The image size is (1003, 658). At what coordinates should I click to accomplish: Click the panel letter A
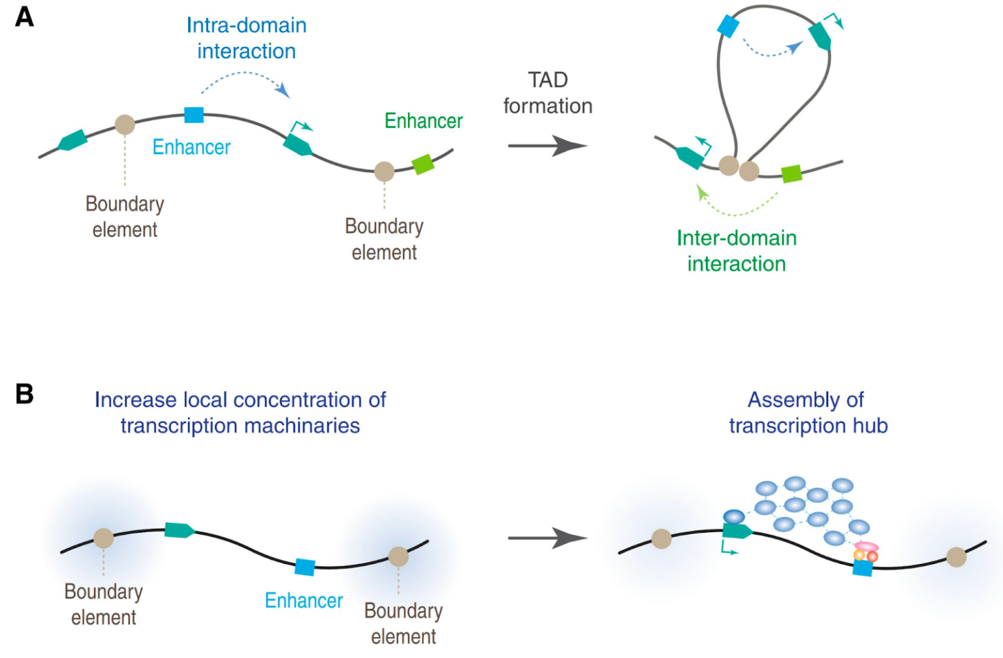pos(24,18)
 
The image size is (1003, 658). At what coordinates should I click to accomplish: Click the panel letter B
pos(24,394)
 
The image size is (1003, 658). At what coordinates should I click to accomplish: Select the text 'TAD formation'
pos(548,93)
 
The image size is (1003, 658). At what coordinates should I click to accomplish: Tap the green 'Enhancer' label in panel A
pos(424,121)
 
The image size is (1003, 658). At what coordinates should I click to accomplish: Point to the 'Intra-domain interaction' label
pos(247,38)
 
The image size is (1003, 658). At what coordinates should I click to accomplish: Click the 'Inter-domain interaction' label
pos(737,251)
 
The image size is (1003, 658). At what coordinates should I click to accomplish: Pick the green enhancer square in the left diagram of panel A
pos(423,164)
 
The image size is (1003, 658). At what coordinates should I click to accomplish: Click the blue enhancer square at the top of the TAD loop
pos(727,26)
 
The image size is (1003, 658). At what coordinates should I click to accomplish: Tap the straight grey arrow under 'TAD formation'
pos(548,146)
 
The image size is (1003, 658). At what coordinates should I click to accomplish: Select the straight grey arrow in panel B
pos(548,538)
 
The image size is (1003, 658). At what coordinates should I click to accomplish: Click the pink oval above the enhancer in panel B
pos(867,546)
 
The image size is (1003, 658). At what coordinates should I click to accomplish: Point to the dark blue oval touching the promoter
pos(734,517)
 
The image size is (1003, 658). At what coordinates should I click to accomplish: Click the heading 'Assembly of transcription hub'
pos(808,413)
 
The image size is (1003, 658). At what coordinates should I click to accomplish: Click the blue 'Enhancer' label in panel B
pos(304,601)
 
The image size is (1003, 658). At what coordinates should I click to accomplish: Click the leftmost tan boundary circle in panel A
pos(125,125)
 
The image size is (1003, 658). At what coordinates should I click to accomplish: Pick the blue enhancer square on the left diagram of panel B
pos(305,567)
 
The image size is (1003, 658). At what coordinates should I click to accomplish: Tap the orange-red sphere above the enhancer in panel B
pos(872,557)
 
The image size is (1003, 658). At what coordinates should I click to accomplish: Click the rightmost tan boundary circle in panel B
pos(957,557)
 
